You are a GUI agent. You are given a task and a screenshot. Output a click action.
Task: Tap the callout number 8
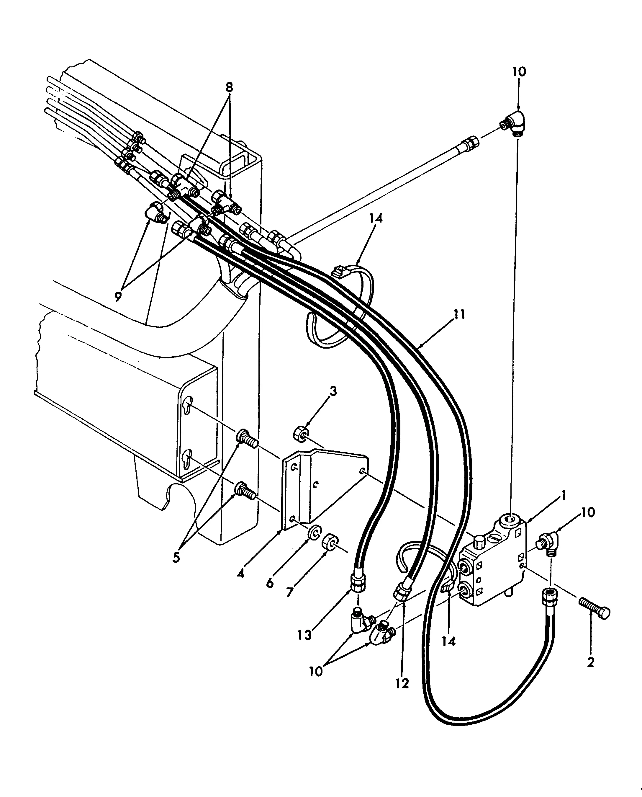(229, 87)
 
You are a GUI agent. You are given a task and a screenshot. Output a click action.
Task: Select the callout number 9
(118, 296)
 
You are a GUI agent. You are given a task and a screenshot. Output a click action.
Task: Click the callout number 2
(590, 662)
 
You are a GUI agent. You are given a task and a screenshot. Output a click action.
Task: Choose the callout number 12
(402, 683)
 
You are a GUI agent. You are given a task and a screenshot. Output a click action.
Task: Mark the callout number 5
(176, 557)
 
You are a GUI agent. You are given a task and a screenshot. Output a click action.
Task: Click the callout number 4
(241, 574)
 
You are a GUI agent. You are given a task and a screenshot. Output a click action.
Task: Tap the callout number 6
(270, 583)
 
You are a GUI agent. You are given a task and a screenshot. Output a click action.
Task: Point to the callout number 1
(563, 495)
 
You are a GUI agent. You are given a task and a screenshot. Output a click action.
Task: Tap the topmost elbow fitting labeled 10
(515, 125)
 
